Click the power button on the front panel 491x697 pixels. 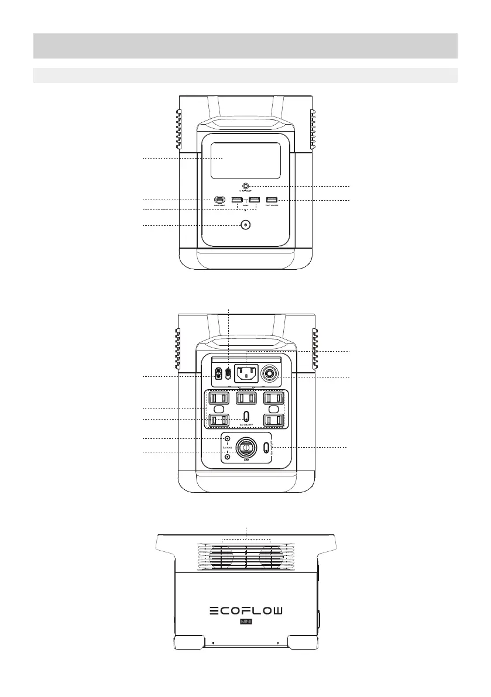245,225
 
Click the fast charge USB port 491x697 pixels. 272,200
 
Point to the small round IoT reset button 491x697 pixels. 246,186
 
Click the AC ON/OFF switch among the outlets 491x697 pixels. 246,416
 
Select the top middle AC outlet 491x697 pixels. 246,398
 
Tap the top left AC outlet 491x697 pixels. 217,398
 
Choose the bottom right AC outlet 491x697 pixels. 274,420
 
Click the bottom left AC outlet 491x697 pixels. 218,420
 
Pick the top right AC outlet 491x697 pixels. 274,398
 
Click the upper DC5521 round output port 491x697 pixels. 227,438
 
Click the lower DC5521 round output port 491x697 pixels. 227,456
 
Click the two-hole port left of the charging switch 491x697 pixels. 219,373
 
